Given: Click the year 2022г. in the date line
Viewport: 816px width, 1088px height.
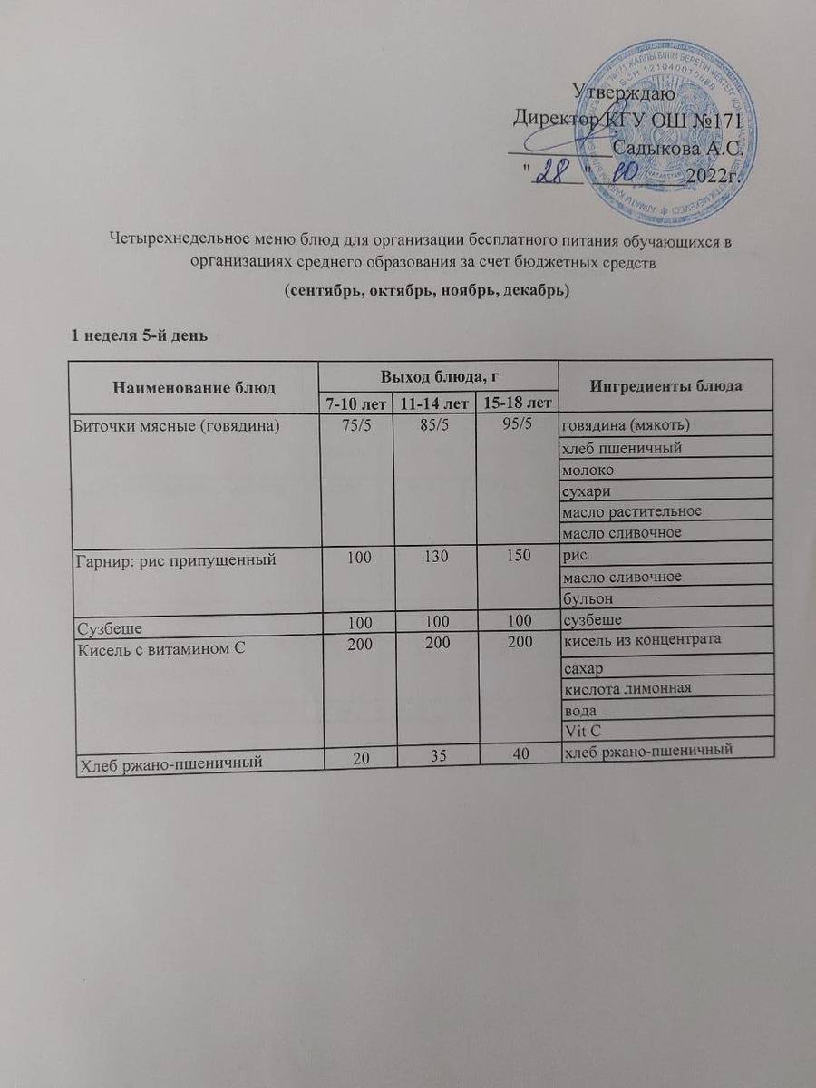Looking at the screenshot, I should pyautogui.click(x=713, y=175).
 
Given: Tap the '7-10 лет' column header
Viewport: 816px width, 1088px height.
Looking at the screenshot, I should pyautogui.click(x=355, y=402).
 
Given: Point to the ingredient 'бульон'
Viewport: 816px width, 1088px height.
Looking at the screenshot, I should pyautogui.click(x=588, y=598).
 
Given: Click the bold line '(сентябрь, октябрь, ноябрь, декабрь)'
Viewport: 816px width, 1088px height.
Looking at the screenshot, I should pyautogui.click(x=425, y=292).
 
